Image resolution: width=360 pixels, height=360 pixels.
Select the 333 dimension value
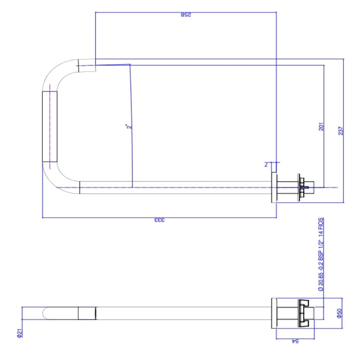(x=159, y=220)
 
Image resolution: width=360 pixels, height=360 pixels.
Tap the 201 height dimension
(x=321, y=126)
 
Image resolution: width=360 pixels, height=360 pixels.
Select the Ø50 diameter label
(x=338, y=314)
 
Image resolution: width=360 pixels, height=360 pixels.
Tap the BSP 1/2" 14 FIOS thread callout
(x=320, y=254)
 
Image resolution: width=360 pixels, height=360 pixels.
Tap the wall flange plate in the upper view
(x=274, y=187)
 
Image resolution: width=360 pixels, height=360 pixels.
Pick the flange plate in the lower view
(x=273, y=313)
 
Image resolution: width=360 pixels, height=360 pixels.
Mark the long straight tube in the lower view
(x=180, y=313)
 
